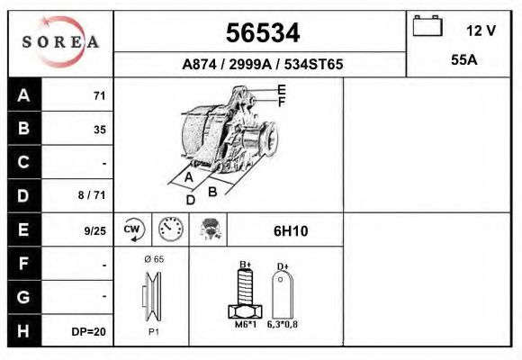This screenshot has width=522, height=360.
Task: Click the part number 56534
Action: [x=261, y=32]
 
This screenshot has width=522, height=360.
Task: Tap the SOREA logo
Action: [x=60, y=42]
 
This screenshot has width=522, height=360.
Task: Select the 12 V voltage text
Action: [x=481, y=30]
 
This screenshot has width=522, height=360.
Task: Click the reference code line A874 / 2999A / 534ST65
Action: [x=261, y=65]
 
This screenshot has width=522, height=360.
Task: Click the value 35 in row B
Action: [x=99, y=130]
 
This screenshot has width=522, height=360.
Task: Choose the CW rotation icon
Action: [x=133, y=229]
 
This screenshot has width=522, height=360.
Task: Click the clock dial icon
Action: [x=169, y=229]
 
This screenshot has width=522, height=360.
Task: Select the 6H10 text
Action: [x=290, y=230]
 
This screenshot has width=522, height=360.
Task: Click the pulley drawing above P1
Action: [x=151, y=296]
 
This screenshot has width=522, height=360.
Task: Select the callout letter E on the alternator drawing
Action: [x=282, y=89]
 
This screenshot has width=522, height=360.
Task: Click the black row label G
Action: [x=23, y=297]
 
